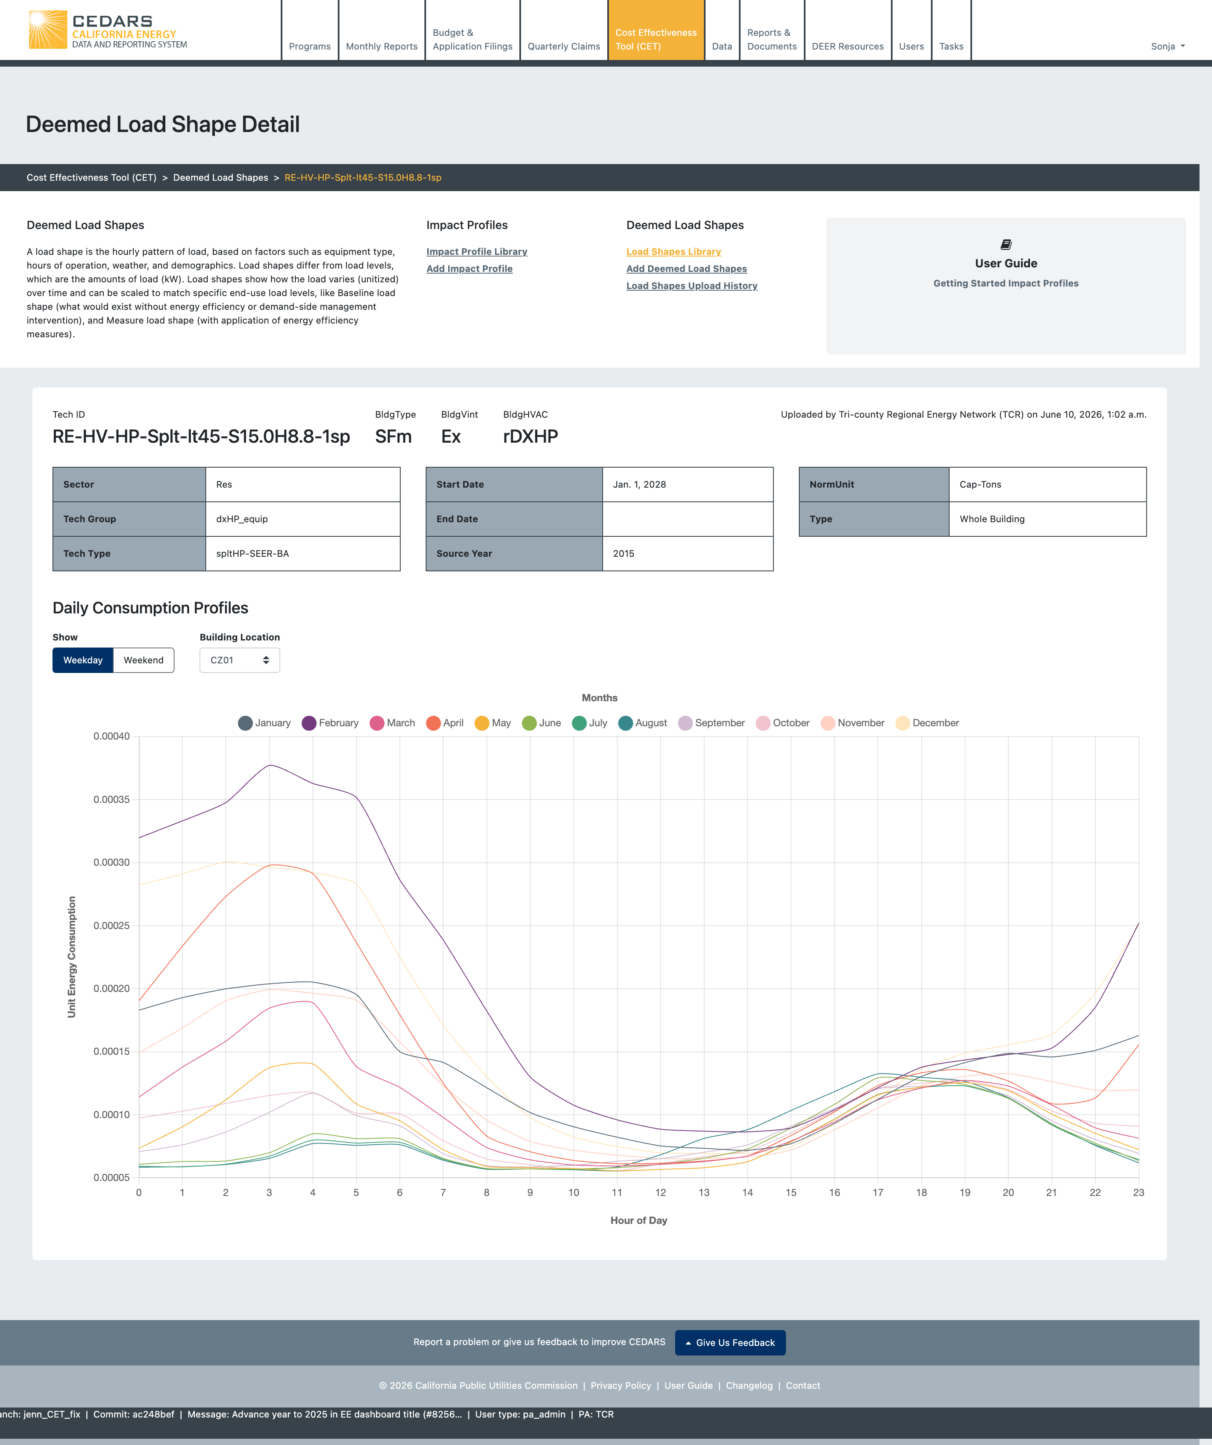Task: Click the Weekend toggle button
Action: [143, 660]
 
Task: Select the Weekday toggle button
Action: [82, 660]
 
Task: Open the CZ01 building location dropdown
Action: [239, 660]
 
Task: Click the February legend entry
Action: [330, 722]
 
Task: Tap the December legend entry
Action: [927, 722]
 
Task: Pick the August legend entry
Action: [643, 722]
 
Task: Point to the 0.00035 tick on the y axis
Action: [112, 800]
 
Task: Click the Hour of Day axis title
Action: [638, 1220]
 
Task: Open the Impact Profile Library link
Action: [477, 252]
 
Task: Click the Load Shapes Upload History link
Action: [692, 286]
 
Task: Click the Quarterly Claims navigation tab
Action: [564, 46]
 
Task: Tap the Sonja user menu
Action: [1168, 46]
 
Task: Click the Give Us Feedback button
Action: [730, 1343]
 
